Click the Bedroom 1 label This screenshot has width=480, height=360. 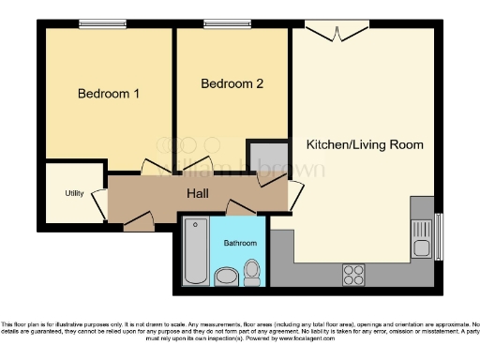point(109,94)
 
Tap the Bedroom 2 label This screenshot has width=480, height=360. point(232,83)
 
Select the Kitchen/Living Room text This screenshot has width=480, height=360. point(365,144)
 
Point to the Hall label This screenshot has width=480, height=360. point(196,194)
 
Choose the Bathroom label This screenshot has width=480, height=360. point(239,243)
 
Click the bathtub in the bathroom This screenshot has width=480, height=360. point(196,250)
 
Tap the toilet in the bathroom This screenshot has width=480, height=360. point(251,273)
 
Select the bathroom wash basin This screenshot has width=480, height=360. point(226,276)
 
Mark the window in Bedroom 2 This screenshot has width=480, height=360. point(220,23)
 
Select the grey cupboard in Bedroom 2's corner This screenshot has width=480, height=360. point(263,158)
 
